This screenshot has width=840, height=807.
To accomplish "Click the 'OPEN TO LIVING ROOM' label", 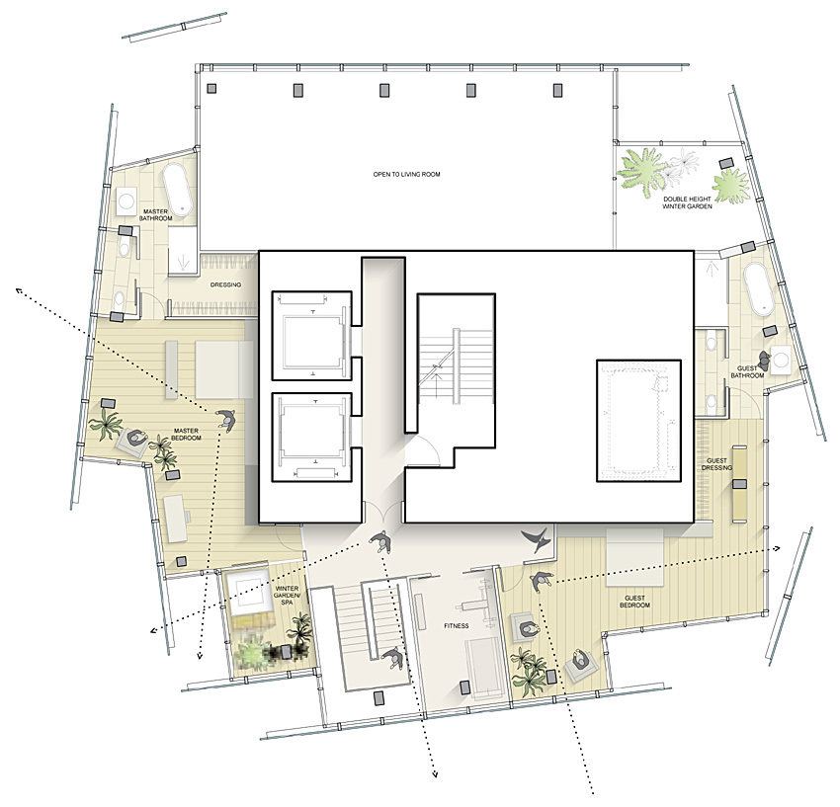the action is (x=406, y=174).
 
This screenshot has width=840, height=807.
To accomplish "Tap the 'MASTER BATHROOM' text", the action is (x=156, y=214).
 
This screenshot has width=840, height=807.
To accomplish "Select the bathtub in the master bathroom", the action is (x=178, y=189).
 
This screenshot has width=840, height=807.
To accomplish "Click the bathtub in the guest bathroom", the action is (x=759, y=288).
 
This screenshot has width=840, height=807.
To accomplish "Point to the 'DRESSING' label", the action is (x=225, y=284).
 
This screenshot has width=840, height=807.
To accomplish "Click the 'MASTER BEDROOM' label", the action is (x=186, y=435).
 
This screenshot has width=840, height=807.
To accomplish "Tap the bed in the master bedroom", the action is (x=224, y=368).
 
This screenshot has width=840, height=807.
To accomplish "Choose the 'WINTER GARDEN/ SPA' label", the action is (x=287, y=596).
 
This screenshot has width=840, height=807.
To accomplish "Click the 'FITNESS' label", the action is (x=456, y=625).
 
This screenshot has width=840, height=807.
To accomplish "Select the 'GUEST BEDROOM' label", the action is (x=634, y=602).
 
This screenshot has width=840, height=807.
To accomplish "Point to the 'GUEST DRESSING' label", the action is (x=716, y=464).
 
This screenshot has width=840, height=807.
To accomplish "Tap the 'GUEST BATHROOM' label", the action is (x=747, y=372).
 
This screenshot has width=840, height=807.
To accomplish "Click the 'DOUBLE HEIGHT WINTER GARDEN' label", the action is (x=688, y=202).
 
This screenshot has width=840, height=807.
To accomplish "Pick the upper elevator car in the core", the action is (x=311, y=336).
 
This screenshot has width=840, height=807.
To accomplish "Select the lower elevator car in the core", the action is (x=311, y=437).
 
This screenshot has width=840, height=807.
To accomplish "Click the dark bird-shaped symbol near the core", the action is (x=538, y=539).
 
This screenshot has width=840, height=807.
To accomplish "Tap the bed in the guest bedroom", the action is (x=635, y=558).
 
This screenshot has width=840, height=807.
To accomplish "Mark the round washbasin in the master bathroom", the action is (x=126, y=202).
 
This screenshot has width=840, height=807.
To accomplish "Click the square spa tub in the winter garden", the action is (x=247, y=595).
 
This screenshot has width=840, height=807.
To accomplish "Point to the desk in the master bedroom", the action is (x=176, y=519).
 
